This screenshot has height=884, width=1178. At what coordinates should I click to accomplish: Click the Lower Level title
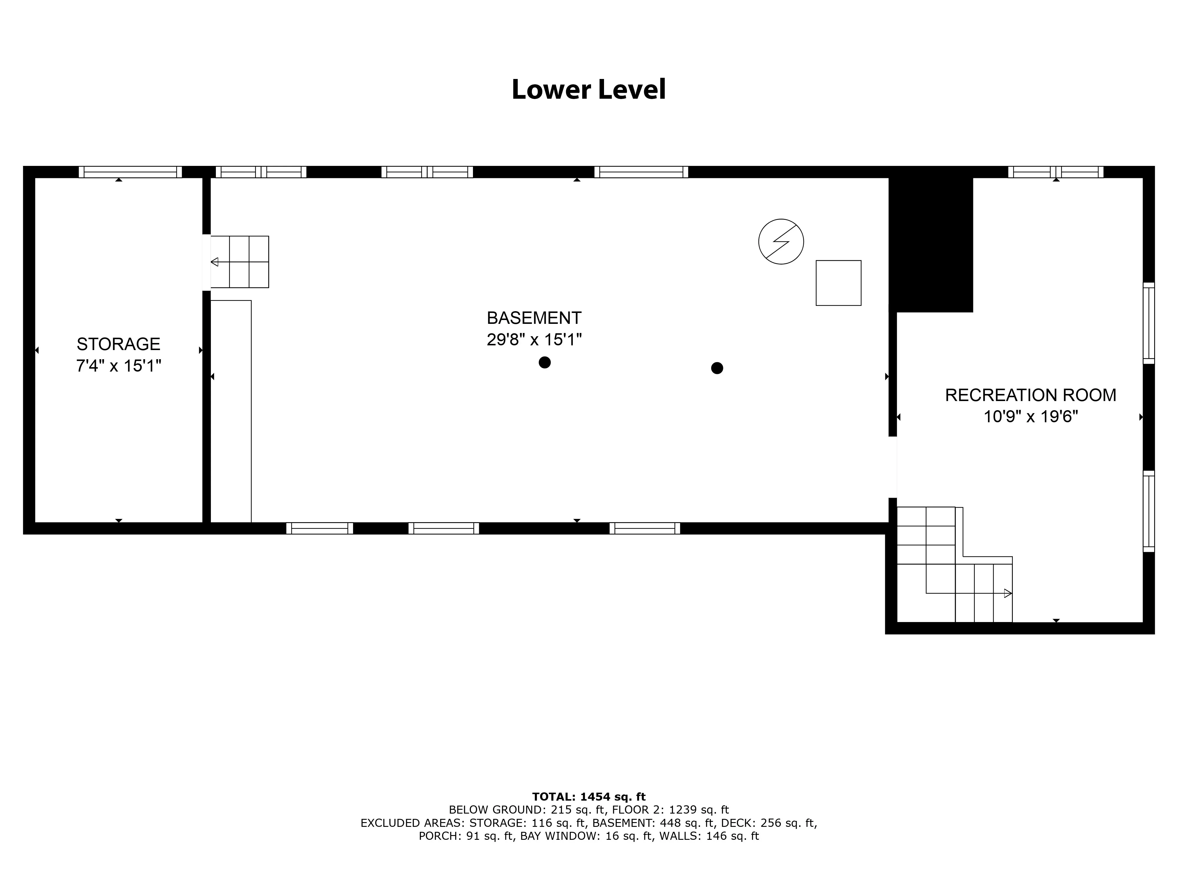click(x=588, y=90)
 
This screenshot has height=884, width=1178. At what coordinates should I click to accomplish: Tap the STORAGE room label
click(x=118, y=344)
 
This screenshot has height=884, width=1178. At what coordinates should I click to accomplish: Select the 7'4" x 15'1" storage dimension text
click(x=118, y=366)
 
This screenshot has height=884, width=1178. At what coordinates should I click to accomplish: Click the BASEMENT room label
click(x=534, y=318)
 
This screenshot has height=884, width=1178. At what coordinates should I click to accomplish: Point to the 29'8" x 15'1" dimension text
click(x=534, y=339)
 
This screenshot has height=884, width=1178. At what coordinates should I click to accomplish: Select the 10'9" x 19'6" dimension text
click(x=1030, y=416)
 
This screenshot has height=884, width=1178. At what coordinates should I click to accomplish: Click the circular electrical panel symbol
click(x=781, y=241)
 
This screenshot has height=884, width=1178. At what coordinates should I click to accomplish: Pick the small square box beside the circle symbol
click(x=838, y=283)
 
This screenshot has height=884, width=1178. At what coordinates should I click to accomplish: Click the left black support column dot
click(x=544, y=362)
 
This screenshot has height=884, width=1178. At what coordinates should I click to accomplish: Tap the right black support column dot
click(x=717, y=368)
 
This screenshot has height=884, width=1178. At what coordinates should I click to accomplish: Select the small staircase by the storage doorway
click(x=240, y=262)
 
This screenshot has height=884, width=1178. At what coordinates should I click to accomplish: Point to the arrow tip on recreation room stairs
click(x=1007, y=593)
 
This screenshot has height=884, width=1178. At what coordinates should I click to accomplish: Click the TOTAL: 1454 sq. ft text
click(x=588, y=796)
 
